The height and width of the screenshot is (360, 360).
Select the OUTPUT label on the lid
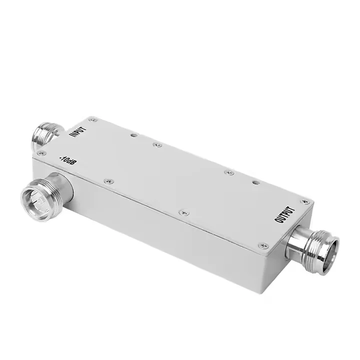pos(287,213)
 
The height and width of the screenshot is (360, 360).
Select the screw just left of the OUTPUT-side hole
pos(229,172)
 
